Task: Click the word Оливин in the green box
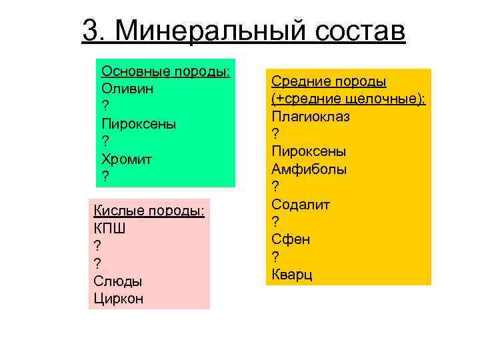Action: (129, 88)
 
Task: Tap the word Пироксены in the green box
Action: (139, 123)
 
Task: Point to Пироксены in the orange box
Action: (309, 151)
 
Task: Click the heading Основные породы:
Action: (166, 71)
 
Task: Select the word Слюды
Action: (117, 281)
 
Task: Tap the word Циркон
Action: (119, 299)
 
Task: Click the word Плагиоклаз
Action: (311, 116)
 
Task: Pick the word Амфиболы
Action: (309, 169)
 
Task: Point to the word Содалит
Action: (301, 203)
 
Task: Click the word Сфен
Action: (291, 239)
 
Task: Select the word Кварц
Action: (292, 274)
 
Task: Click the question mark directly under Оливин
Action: (105, 106)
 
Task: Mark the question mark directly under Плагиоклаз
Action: (275, 134)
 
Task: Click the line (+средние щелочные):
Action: (349, 99)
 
